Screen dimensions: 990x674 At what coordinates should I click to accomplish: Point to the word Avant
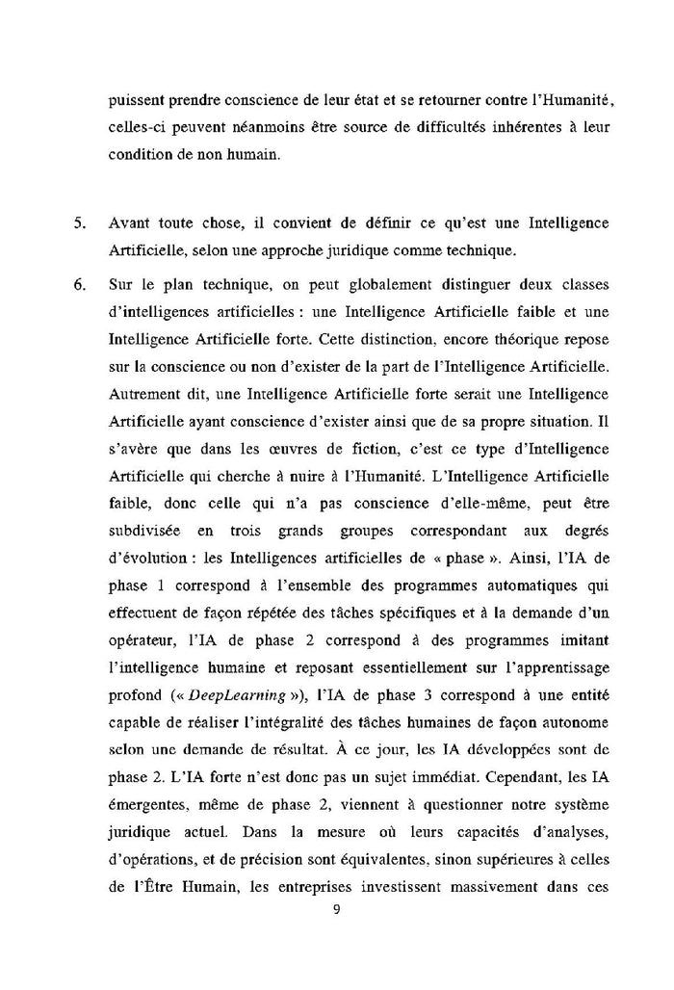pos(129,223)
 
